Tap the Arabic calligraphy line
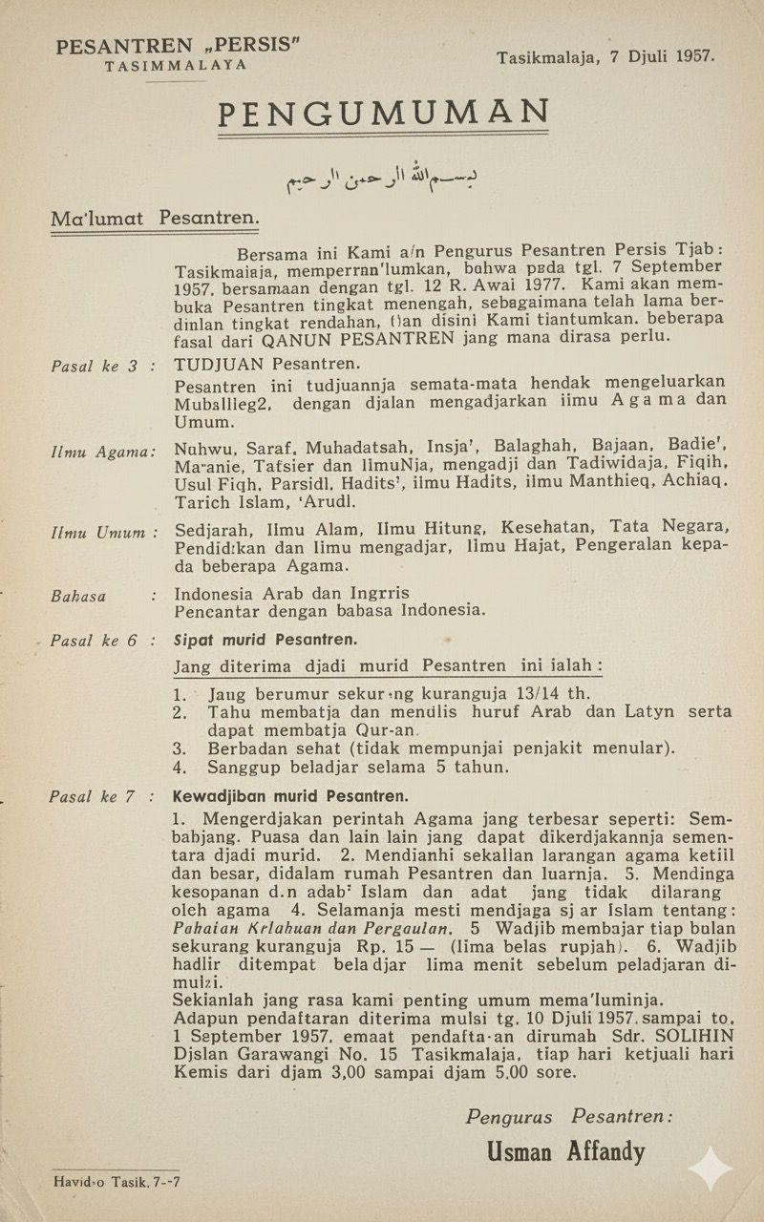pos(386,176)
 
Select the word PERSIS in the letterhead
pos(256,46)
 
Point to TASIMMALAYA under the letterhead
pos(176,66)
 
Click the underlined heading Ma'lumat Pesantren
pos(154,219)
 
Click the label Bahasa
pos(78,597)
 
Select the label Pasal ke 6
pos(100,641)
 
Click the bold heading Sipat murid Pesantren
pos(265,639)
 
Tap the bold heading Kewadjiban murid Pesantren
pos(290,795)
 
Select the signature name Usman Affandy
pos(565,1151)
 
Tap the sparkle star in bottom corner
pos(710,1169)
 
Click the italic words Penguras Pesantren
pos(569,1116)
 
